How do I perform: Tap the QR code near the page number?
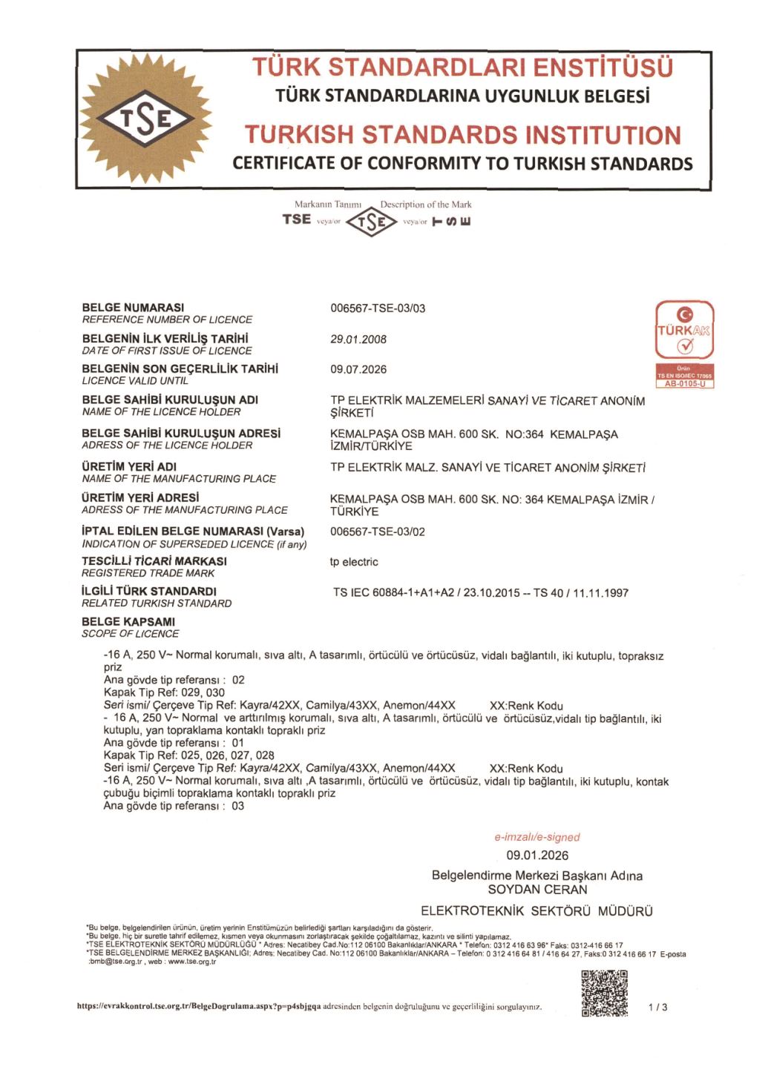click(605, 993)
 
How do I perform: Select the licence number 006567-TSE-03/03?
click(378, 308)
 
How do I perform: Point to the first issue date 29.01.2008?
click(358, 340)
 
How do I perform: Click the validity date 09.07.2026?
click(358, 369)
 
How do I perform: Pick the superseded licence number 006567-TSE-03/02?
click(378, 532)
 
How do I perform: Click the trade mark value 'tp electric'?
click(354, 562)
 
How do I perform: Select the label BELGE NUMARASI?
click(133, 308)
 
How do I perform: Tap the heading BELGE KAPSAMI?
click(128, 621)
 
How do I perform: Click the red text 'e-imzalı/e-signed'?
click(537, 837)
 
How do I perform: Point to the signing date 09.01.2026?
click(537, 855)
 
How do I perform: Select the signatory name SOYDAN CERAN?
click(537, 889)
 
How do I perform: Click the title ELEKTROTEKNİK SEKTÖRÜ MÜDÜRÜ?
click(537, 911)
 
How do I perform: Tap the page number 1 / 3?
click(657, 1007)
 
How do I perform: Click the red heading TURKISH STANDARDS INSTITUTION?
click(462, 135)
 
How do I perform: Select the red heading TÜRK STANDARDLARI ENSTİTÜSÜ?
click(462, 67)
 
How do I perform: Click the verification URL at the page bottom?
click(199, 1007)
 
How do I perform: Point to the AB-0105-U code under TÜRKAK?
click(684, 384)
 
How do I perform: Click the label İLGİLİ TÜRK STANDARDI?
click(149, 592)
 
